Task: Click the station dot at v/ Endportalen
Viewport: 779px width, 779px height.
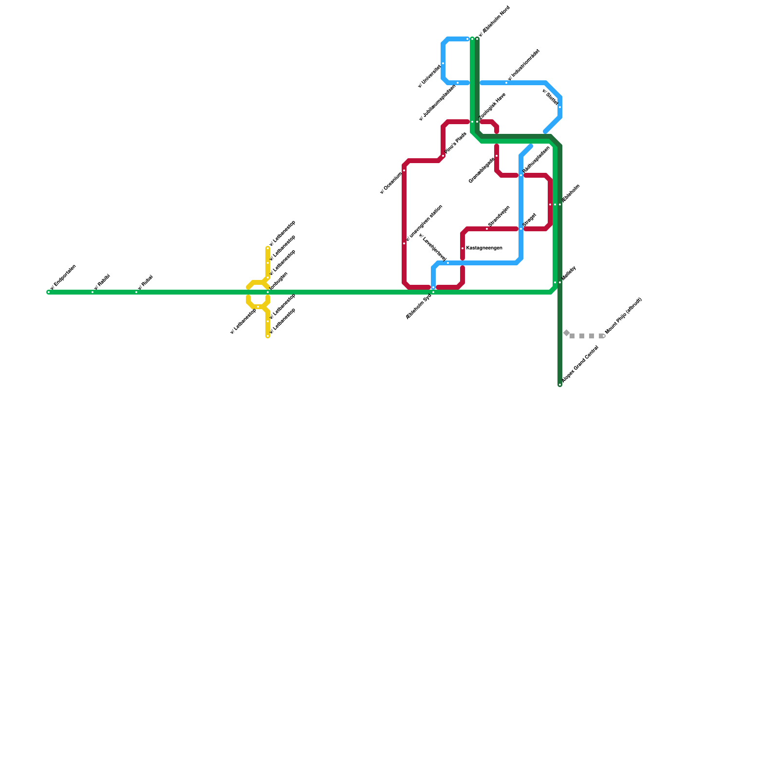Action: point(49,292)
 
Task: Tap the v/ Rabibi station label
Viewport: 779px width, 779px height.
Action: point(102,282)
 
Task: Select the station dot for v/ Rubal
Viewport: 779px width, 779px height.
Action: point(136,292)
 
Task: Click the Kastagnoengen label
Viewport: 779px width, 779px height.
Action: point(484,248)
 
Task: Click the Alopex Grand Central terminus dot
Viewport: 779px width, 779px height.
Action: point(560,385)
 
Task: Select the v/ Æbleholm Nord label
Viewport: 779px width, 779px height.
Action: point(494,21)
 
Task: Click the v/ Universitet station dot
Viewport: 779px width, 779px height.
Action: point(443,63)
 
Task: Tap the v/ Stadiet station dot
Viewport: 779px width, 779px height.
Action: point(560,107)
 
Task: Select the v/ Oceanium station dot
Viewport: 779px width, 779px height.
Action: point(404,170)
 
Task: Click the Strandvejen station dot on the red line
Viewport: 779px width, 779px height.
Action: point(487,229)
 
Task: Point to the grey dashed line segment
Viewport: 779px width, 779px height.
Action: point(587,336)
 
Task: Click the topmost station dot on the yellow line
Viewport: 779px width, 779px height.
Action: point(268,248)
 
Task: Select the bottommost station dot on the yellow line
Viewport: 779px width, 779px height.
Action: point(268,336)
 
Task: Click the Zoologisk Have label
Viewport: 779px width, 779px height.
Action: point(493,106)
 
